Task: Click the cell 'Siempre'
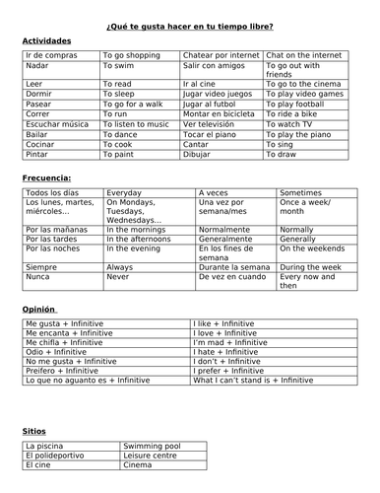(39, 267)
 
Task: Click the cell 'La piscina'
(45, 447)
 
